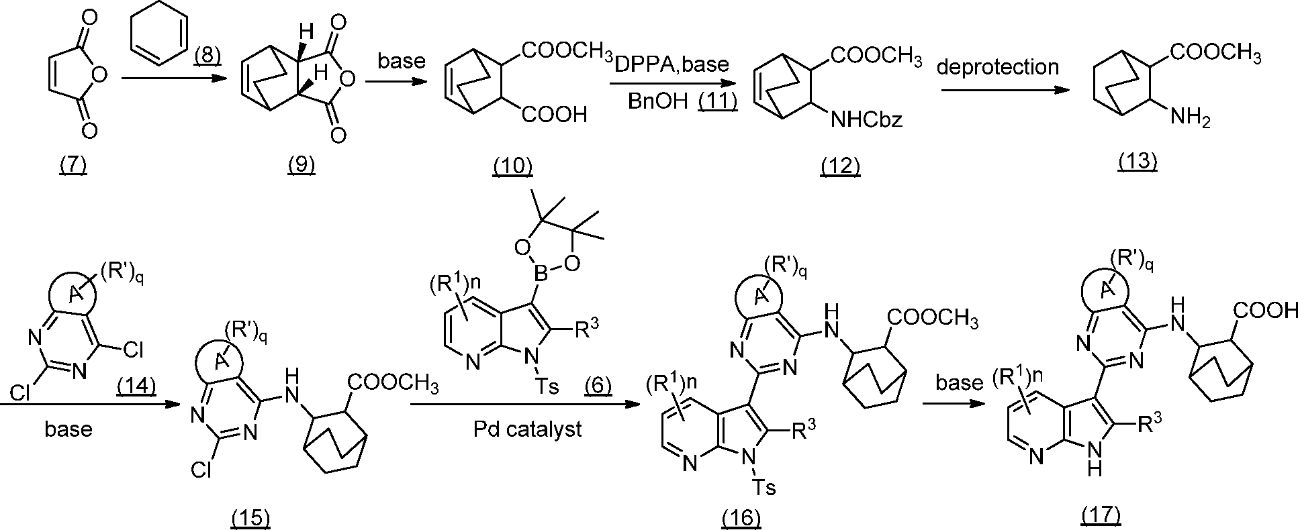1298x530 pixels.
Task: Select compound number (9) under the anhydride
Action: [x=301, y=164]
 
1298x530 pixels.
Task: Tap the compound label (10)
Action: [x=513, y=164]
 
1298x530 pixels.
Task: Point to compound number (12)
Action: [x=840, y=164]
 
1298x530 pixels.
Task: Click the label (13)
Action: [x=1138, y=160]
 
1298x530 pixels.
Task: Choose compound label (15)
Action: [x=250, y=517]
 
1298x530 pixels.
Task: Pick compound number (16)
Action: [x=741, y=517]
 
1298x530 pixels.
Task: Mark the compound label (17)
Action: [x=1101, y=515]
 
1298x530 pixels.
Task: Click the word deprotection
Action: [x=999, y=67]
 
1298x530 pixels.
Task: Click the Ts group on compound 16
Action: [x=764, y=486]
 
